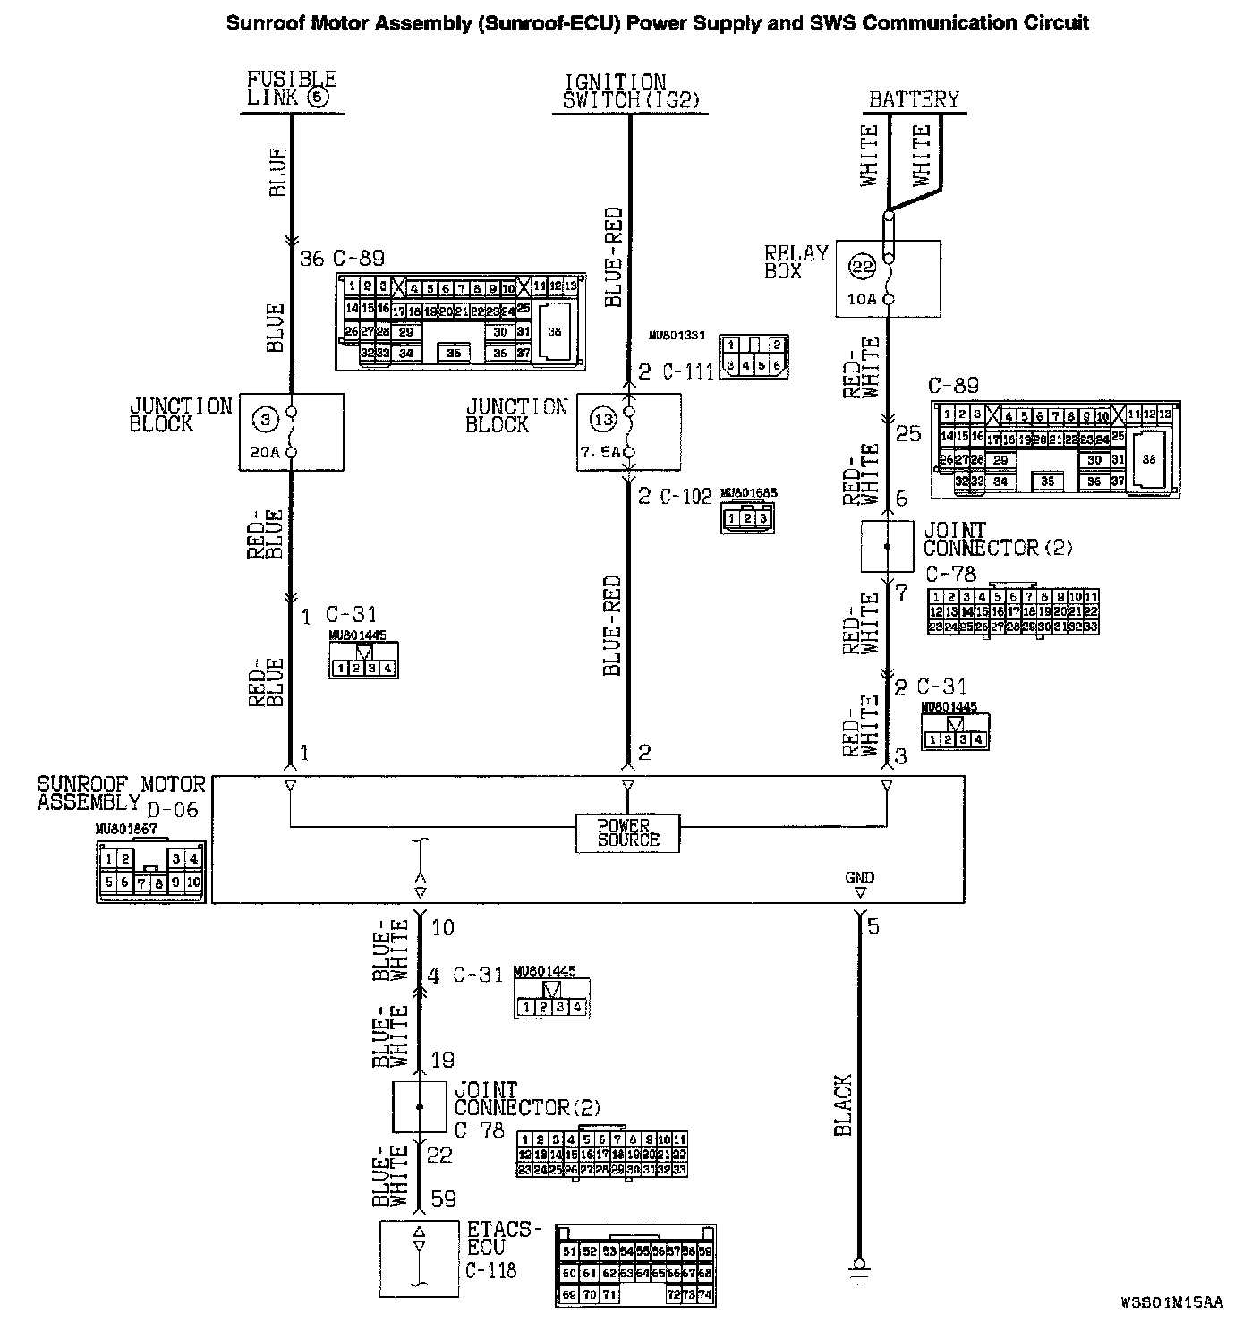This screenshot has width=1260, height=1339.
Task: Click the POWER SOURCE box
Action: coord(627,832)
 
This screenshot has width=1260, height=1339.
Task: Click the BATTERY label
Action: coord(914,98)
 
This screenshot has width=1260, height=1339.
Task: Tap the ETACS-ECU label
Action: coord(503,1238)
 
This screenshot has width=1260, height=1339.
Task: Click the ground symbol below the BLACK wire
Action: coord(860,1264)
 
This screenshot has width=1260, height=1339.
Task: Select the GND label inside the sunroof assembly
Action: coord(859,877)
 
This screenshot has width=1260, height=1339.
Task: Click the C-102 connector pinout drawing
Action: coord(747,517)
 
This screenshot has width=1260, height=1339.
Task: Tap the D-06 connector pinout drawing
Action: coord(150,871)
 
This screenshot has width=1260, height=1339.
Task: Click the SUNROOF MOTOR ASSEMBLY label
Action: coord(120,793)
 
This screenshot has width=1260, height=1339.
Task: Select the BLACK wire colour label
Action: coord(843,1105)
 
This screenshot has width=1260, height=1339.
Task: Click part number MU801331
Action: coord(677,336)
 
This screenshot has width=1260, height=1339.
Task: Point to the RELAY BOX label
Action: coord(796,261)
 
